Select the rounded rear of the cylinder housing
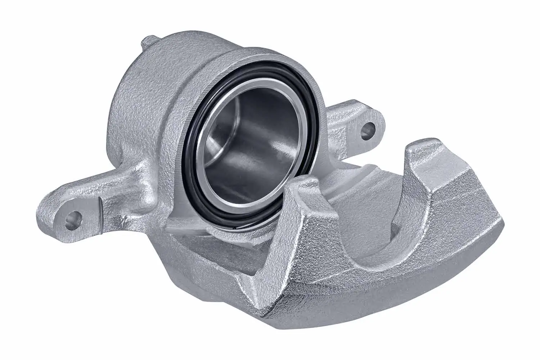pyautogui.click(x=126, y=108)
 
